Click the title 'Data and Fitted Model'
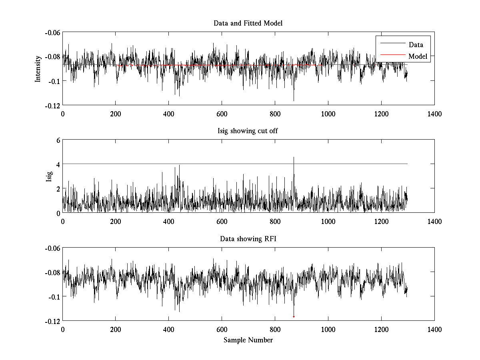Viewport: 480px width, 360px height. pyautogui.click(x=248, y=23)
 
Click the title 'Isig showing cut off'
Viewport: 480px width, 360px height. pyautogui.click(x=248, y=131)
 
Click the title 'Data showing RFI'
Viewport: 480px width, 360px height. pyautogui.click(x=248, y=239)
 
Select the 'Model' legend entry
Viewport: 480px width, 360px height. pyautogui.click(x=418, y=56)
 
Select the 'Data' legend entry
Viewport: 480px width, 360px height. pyautogui.click(x=416, y=45)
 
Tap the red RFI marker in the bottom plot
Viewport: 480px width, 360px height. pyautogui.click(x=294, y=317)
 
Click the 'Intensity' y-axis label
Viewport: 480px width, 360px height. pyautogui.click(x=38, y=68)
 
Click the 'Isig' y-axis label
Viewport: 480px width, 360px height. pyautogui.click(x=49, y=176)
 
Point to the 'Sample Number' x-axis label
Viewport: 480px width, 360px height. pyautogui.click(x=248, y=340)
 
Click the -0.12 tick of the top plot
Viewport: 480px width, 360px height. pyautogui.click(x=52, y=105)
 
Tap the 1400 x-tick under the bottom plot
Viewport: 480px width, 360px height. pyautogui.click(x=434, y=330)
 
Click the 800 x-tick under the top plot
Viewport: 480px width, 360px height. pyautogui.click(x=275, y=114)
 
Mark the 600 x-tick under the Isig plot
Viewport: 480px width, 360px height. pyautogui.click(x=222, y=222)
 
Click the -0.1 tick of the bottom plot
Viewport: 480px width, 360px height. pyautogui.click(x=54, y=297)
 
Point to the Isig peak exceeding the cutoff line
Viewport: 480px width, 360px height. pyautogui.click(x=294, y=158)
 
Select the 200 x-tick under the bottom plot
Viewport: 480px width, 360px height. pyautogui.click(x=116, y=330)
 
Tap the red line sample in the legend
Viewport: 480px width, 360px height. pyautogui.click(x=392, y=55)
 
